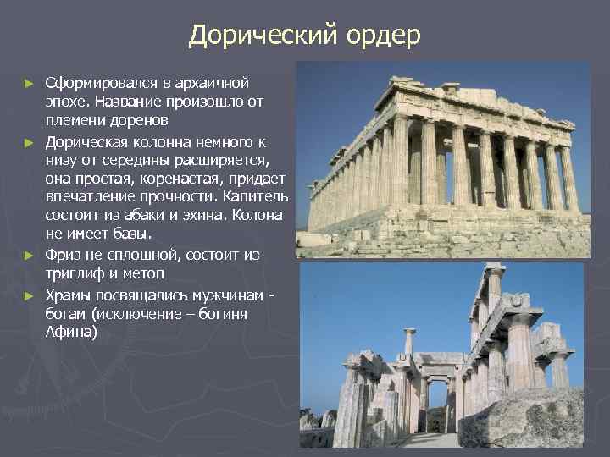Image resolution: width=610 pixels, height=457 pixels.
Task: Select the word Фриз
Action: [64, 256]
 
